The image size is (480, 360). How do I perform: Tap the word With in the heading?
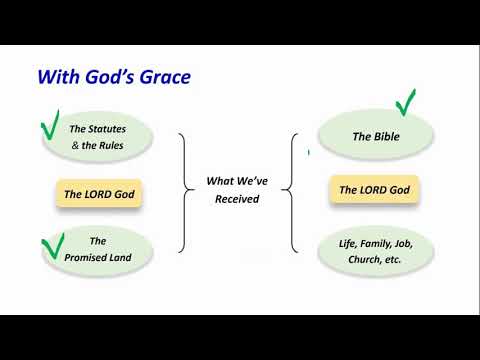54,76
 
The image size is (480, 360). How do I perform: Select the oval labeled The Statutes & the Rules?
98,136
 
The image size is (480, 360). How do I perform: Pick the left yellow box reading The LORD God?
98,194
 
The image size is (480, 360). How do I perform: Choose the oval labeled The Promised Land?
98,249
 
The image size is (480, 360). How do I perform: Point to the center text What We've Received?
236,190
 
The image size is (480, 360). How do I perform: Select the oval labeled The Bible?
375,136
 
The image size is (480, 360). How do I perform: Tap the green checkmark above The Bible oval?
406,102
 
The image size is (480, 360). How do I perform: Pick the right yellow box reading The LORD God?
374,189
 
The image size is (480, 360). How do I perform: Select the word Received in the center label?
236,198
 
